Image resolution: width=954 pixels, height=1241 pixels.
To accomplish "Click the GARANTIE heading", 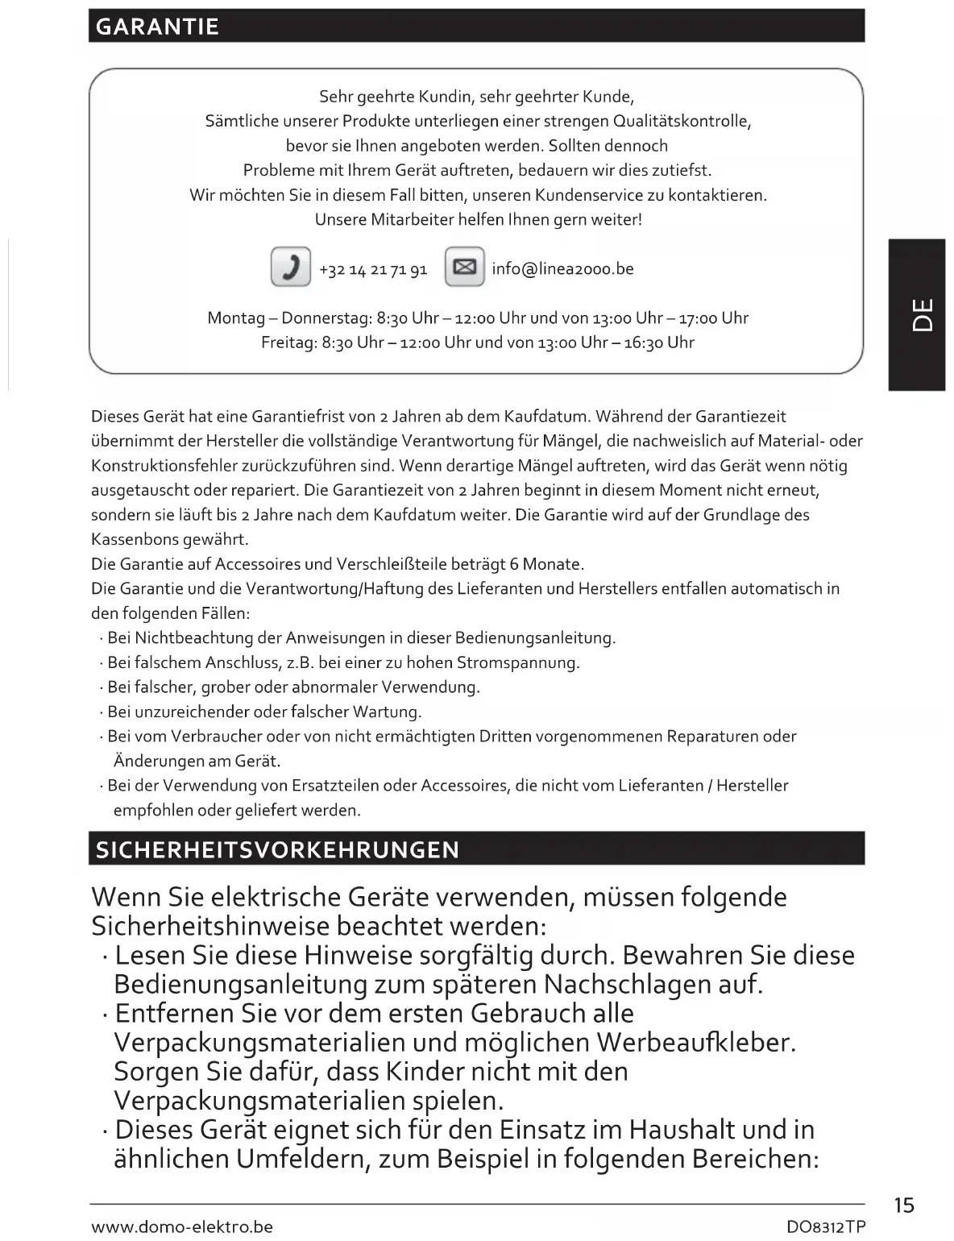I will (x=157, y=27).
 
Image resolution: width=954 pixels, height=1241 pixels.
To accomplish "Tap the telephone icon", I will (x=291, y=267).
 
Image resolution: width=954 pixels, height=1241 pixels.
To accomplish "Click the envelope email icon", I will (x=465, y=267).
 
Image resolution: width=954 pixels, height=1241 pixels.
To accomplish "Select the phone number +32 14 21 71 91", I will (x=373, y=270).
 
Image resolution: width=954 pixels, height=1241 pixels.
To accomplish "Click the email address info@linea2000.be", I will (x=562, y=269).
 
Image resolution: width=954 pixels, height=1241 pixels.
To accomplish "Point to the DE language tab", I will (x=918, y=315).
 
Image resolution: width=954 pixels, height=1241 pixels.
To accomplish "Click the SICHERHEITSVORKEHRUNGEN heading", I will (x=277, y=850).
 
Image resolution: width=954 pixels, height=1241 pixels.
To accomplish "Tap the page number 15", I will (x=904, y=1206).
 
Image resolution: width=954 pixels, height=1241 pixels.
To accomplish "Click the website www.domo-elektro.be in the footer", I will (x=182, y=1227).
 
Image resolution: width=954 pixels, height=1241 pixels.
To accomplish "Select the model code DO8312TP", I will (x=825, y=1227).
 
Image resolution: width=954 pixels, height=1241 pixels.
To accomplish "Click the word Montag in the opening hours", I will (x=236, y=318).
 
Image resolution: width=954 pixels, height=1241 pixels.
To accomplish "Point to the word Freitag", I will (x=288, y=342).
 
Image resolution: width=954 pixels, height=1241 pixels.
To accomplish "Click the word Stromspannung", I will (x=517, y=663).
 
